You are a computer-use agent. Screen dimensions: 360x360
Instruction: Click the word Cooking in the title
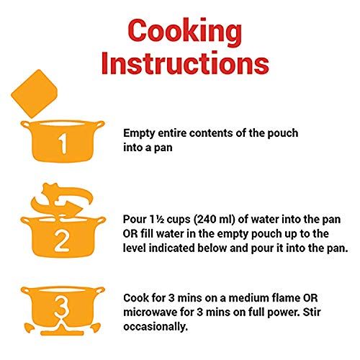click(x=185, y=32)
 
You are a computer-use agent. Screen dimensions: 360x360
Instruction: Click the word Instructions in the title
click(x=185, y=63)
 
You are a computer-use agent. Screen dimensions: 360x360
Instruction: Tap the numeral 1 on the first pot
click(x=63, y=143)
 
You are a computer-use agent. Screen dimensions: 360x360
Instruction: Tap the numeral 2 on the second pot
click(x=62, y=241)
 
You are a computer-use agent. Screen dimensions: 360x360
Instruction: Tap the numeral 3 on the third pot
click(x=62, y=307)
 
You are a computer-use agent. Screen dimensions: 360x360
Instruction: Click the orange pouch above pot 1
click(x=34, y=94)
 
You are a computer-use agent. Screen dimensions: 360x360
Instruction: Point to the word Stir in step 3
click(x=312, y=312)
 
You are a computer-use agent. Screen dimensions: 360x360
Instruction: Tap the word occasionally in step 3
click(x=156, y=327)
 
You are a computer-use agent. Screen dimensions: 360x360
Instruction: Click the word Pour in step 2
click(x=135, y=220)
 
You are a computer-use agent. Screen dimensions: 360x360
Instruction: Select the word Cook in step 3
click(x=135, y=298)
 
